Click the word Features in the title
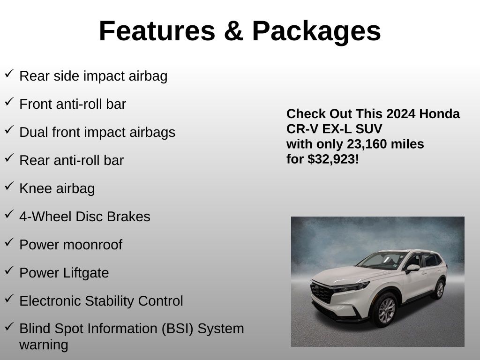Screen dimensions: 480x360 [x=157, y=31]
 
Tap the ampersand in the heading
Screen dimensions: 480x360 [x=233, y=31]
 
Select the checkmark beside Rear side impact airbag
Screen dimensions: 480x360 [x=9, y=74]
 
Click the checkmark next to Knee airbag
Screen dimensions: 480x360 [x=9, y=186]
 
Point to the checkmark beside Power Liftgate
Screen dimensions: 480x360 [x=9, y=270]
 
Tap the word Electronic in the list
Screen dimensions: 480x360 [x=50, y=300]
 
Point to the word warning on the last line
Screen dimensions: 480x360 [x=44, y=345]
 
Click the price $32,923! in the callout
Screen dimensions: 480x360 [x=333, y=159]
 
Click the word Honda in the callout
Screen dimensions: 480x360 [x=439, y=114]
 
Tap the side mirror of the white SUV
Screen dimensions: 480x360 [x=412, y=268]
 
